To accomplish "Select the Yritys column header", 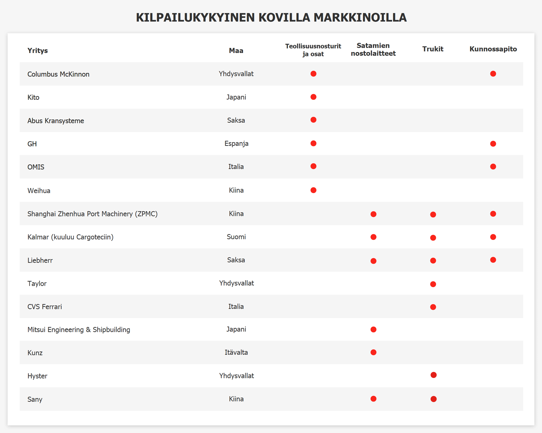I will click(x=38, y=51).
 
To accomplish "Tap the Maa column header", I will click(x=236, y=51).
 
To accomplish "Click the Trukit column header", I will click(x=433, y=49).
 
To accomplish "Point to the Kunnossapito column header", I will click(x=493, y=49).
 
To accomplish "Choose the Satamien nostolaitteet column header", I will click(x=373, y=49).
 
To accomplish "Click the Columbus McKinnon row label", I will click(x=58, y=74).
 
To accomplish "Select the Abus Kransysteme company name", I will click(x=56, y=121).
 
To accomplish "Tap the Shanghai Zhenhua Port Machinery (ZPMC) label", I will click(x=92, y=214).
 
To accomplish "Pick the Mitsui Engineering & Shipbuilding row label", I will click(x=79, y=330).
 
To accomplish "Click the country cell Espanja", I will click(x=236, y=144).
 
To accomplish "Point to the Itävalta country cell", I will click(x=236, y=352).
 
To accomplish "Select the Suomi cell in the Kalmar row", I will click(x=236, y=237).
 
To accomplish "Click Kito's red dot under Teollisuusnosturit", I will click(x=313, y=97).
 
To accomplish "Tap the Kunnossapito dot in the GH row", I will click(x=493, y=144).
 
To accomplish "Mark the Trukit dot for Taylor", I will click(x=433, y=284).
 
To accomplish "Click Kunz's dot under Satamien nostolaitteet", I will click(x=373, y=352).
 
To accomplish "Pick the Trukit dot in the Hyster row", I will click(x=433, y=375).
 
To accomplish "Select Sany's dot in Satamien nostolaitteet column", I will click(x=373, y=399).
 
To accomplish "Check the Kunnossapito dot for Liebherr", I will click(x=493, y=260).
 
